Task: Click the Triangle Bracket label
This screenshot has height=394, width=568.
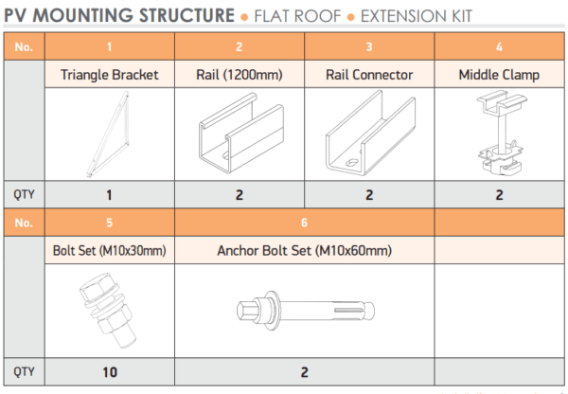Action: (110, 75)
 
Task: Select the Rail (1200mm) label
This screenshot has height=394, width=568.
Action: (240, 75)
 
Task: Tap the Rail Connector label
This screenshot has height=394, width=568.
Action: (369, 75)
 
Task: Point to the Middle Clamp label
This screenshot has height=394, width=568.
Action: (499, 75)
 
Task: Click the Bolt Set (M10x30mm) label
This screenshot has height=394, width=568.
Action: (110, 252)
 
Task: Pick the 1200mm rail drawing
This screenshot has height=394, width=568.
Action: (240, 134)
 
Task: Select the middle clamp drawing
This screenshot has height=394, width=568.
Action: (499, 133)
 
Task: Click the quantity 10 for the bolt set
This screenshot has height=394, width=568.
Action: (110, 372)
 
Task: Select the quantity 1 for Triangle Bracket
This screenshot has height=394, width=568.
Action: (110, 195)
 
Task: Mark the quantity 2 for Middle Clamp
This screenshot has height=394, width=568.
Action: (499, 195)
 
